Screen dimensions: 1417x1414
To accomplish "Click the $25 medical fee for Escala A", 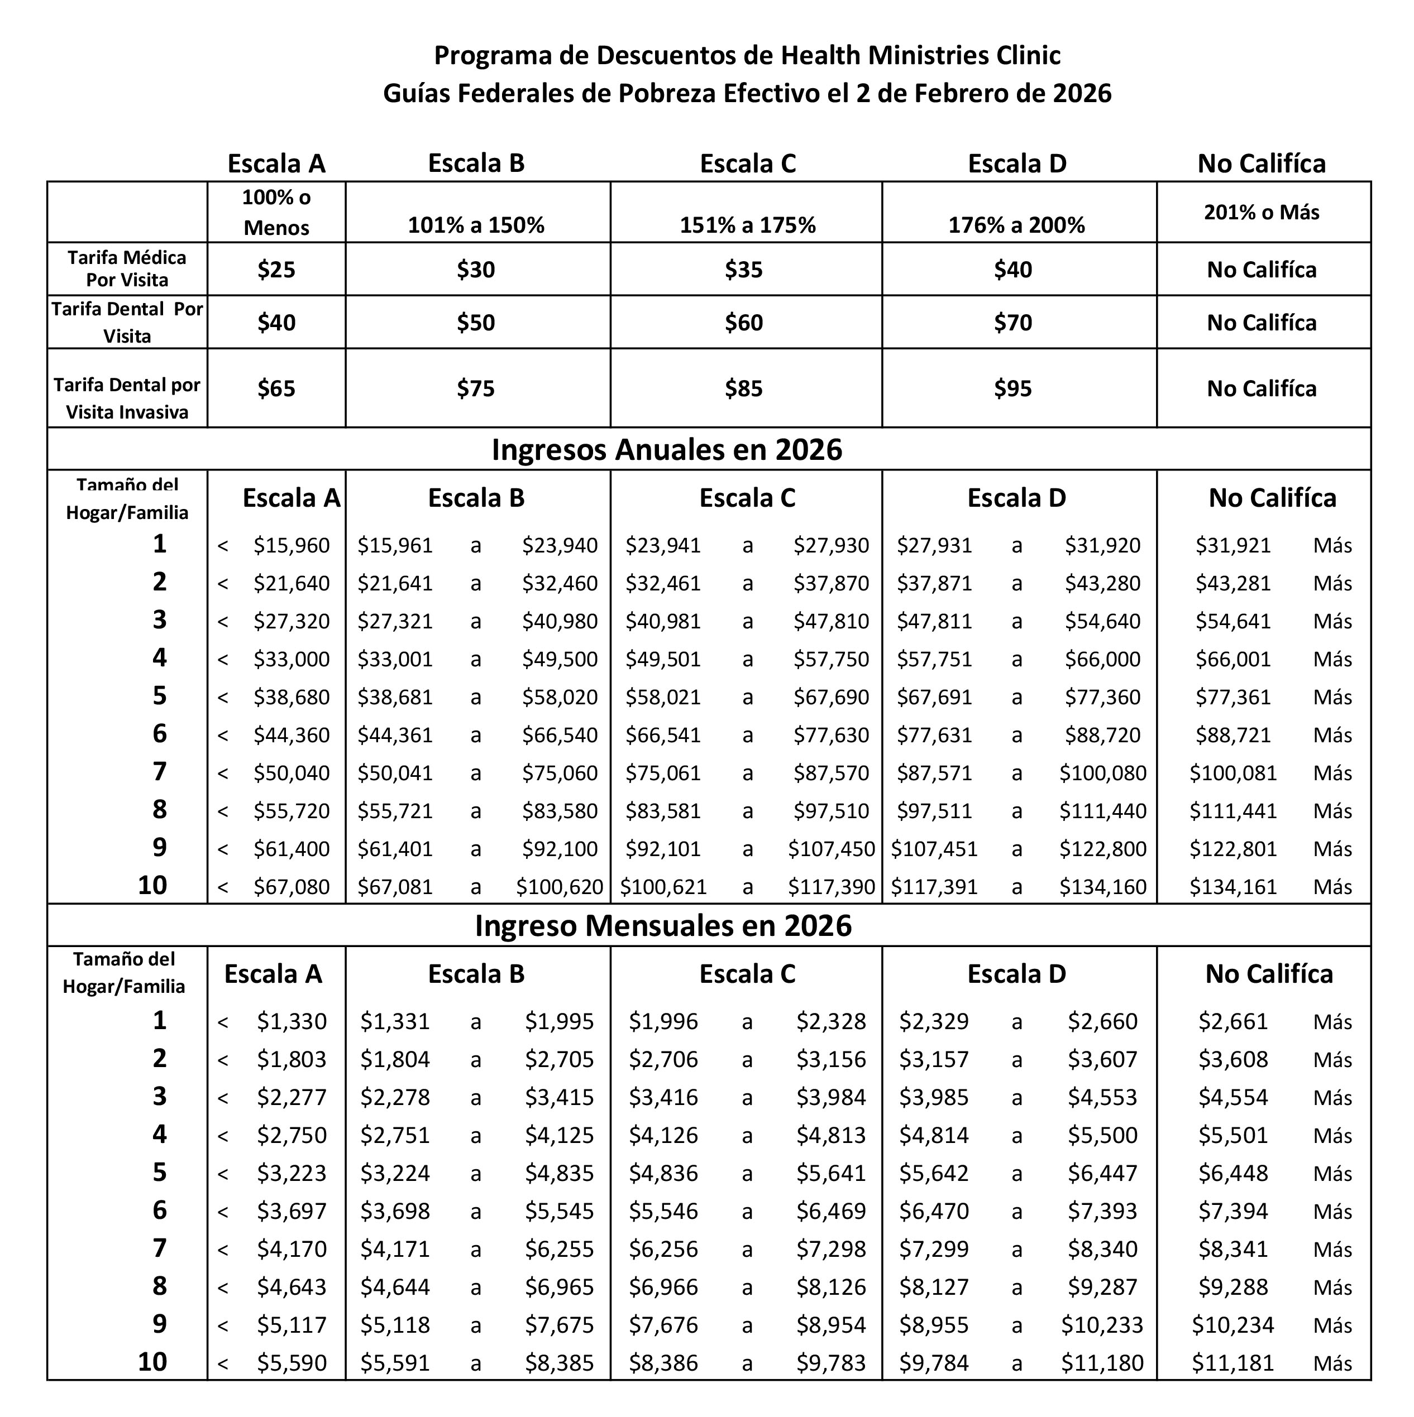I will [x=276, y=270].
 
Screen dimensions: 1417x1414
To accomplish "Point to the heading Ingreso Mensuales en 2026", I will [x=663, y=925].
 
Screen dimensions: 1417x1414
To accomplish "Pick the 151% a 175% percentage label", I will [x=747, y=225].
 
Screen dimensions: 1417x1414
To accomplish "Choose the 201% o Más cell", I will [x=1262, y=213].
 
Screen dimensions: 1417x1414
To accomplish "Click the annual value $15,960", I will [x=292, y=546].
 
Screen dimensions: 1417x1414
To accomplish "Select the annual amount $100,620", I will [x=559, y=887].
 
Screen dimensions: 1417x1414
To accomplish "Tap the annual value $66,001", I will [x=1233, y=659].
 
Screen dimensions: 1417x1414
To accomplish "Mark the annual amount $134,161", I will [x=1233, y=887].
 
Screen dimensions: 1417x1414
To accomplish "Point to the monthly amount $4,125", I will [x=559, y=1135].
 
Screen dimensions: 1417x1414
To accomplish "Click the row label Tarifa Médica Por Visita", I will [x=127, y=268].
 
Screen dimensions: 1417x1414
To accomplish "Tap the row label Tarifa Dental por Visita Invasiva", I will [x=127, y=398].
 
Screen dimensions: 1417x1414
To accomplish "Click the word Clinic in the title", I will [x=1028, y=56].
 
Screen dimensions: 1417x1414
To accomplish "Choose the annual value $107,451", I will [x=934, y=849].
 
